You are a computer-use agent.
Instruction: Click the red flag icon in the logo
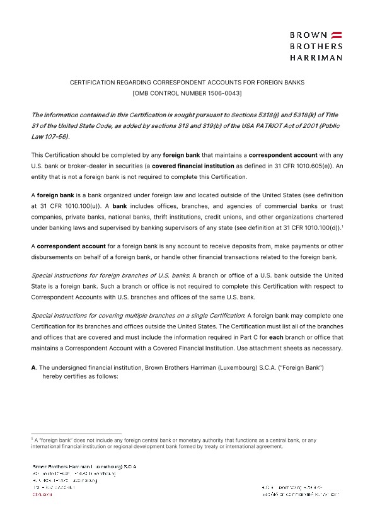coord(337,34)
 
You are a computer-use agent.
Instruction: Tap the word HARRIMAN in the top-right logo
coord(316,57)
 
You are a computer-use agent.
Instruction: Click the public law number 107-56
coord(57,137)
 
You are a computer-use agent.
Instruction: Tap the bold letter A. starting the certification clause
coord(34,367)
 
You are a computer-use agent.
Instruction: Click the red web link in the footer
coord(38,495)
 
